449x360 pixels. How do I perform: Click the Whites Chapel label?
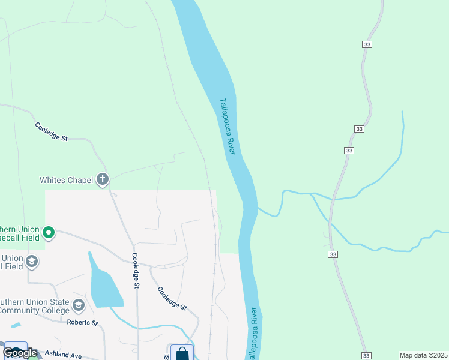tap(66, 180)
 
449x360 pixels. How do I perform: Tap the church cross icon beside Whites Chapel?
tap(103, 179)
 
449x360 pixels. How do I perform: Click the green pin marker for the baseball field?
tap(49, 232)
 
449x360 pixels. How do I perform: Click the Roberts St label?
tap(83, 323)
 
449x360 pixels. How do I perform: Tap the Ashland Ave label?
tap(62, 355)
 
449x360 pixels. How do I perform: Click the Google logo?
tap(20, 353)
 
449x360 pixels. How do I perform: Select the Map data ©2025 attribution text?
tap(423, 355)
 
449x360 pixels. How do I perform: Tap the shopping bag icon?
tap(182, 353)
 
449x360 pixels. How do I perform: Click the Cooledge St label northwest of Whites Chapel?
tap(50, 132)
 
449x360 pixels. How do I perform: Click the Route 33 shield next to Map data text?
tap(366, 356)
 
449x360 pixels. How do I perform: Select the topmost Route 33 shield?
tap(367, 44)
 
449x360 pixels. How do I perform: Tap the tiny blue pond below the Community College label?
tap(16, 325)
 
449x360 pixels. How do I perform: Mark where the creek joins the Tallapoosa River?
tap(259, 208)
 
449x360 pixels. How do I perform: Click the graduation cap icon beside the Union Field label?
tap(32, 261)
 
